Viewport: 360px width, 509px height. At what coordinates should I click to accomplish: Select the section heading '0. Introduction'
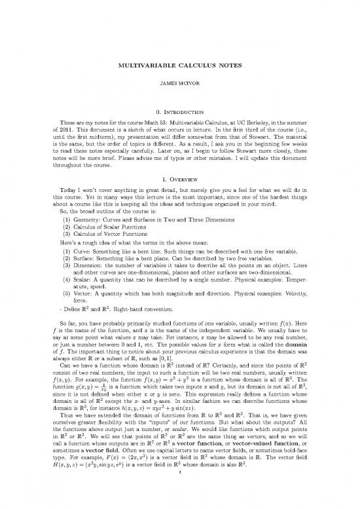coord(180,112)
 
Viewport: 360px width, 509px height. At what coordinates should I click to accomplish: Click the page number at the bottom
coord(180,495)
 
